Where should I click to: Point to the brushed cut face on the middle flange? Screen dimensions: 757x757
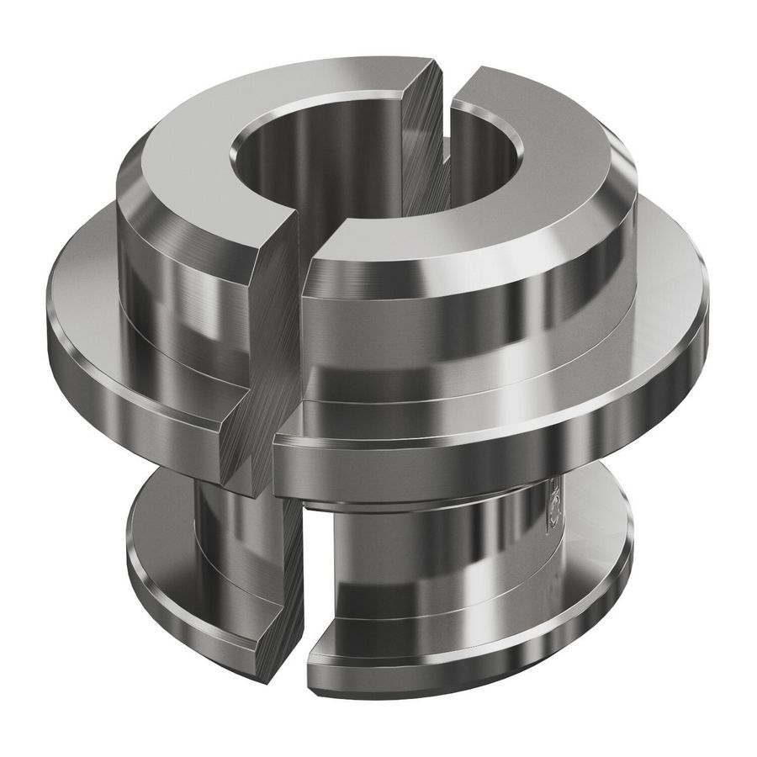point(252,421)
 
